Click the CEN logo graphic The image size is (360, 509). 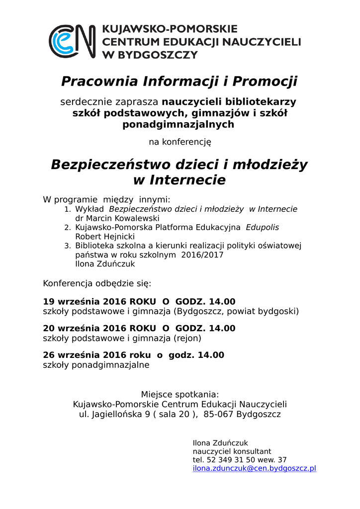click(x=72, y=41)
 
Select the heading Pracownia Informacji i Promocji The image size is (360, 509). click(x=179, y=81)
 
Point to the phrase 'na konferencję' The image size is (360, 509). click(x=180, y=142)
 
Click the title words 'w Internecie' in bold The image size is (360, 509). click(x=179, y=179)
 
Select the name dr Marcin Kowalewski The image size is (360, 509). click(x=117, y=218)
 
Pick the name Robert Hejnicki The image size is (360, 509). click(x=104, y=237)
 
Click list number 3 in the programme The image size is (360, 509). click(x=68, y=246)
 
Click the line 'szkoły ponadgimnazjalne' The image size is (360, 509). click(x=96, y=365)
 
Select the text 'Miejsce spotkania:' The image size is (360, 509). click(x=180, y=395)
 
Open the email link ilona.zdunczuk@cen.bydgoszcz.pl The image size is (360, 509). click(x=254, y=468)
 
